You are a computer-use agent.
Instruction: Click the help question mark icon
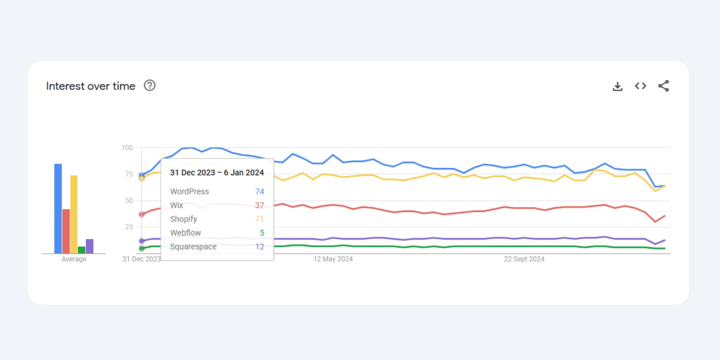(x=150, y=86)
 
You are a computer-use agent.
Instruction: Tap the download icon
(x=618, y=86)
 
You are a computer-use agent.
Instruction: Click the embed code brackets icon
(x=640, y=86)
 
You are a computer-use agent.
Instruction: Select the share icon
(x=664, y=86)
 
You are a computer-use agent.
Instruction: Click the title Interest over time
(x=91, y=86)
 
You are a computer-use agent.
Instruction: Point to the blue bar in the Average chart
(x=58, y=208)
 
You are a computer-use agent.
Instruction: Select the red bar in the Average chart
(x=66, y=231)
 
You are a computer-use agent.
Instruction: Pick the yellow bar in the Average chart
(x=74, y=214)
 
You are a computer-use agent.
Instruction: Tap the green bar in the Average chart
(x=82, y=250)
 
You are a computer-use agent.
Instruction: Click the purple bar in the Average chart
(x=90, y=246)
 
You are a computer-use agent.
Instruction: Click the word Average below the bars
(x=74, y=259)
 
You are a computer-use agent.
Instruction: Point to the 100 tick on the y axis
(x=127, y=148)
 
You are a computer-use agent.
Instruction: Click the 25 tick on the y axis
(x=129, y=227)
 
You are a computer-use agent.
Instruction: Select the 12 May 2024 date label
(x=333, y=259)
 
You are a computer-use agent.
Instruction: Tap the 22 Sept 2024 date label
(x=524, y=259)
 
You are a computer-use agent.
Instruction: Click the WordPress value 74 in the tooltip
(x=260, y=192)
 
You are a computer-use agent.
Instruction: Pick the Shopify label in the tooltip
(x=184, y=219)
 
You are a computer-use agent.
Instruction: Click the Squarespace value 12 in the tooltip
(x=260, y=247)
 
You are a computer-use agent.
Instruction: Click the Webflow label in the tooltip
(x=186, y=233)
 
